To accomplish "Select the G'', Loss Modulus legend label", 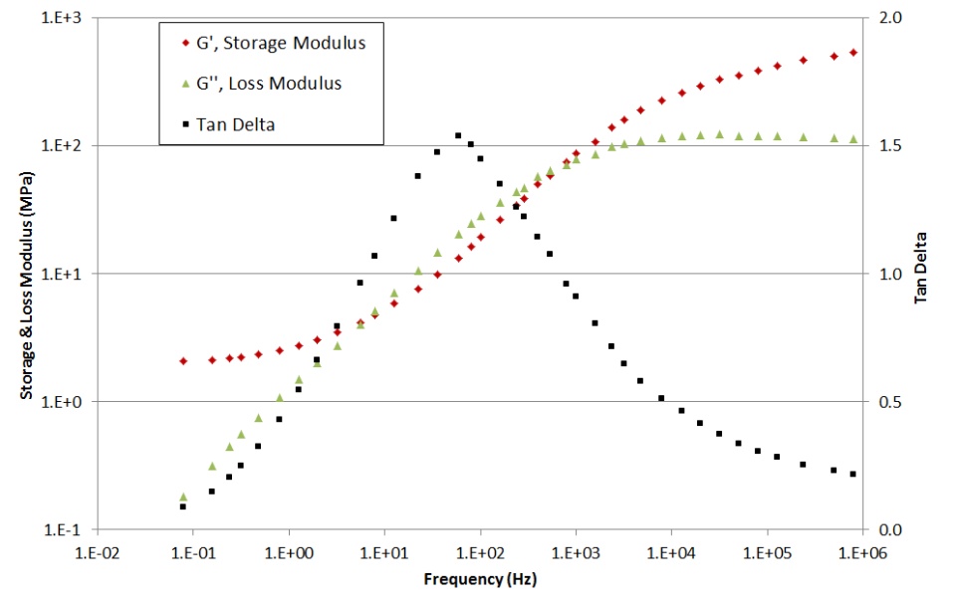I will [x=269, y=84].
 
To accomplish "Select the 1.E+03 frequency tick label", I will [x=576, y=550].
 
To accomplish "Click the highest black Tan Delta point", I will [x=458, y=135].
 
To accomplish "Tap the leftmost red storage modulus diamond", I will [x=183, y=361].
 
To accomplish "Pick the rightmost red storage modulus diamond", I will [x=853, y=53].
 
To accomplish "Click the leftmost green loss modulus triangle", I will [x=183, y=497].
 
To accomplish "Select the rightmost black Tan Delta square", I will [x=853, y=474].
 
